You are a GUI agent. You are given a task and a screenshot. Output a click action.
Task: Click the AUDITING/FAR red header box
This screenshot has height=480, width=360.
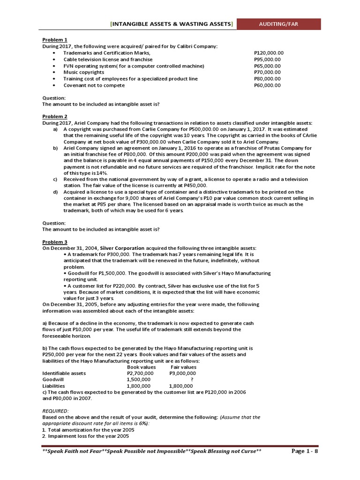click(x=278, y=24)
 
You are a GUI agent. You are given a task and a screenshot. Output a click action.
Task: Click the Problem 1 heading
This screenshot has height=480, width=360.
click(x=55, y=40)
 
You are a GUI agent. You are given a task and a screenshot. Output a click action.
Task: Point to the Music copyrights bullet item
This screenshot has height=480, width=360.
click(x=84, y=72)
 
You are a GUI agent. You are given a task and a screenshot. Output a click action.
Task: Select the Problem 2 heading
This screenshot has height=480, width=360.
click(x=55, y=116)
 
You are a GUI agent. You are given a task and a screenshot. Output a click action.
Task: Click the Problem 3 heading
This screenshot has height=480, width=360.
click(x=55, y=241)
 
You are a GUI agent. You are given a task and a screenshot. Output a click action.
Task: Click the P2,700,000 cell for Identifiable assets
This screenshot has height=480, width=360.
click(x=140, y=373)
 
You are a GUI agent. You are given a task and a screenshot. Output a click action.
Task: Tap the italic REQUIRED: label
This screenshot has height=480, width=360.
click(x=55, y=411)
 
